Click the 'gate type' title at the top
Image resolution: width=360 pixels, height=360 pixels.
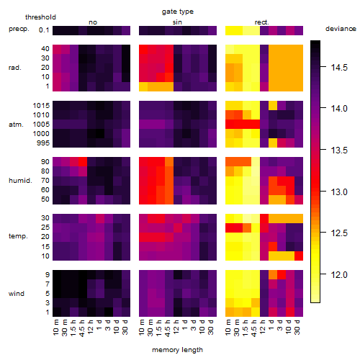(178, 12)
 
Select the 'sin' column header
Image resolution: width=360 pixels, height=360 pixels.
(177, 22)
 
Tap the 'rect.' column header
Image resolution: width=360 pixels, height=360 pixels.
(262, 22)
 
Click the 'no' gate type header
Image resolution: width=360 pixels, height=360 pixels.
(93, 22)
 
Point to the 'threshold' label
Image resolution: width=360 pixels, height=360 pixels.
(40, 17)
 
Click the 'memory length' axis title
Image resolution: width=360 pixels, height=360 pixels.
(177, 350)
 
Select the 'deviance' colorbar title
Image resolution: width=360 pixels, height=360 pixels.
(341, 29)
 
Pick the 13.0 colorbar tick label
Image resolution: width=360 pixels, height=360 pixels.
(339, 192)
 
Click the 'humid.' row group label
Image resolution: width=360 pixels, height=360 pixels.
(20, 181)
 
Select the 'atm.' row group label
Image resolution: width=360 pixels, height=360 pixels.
(16, 125)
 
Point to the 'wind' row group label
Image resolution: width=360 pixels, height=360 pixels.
(17, 294)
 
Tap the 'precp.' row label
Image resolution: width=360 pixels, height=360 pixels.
(19, 29)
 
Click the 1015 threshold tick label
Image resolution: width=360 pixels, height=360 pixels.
(41, 106)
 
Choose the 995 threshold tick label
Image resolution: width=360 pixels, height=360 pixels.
(43, 143)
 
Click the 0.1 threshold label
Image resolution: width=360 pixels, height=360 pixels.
(44, 30)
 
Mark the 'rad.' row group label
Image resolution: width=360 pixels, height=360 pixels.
(15, 68)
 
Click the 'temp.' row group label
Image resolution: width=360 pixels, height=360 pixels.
(18, 236)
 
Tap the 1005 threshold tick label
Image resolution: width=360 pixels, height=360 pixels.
(41, 125)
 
